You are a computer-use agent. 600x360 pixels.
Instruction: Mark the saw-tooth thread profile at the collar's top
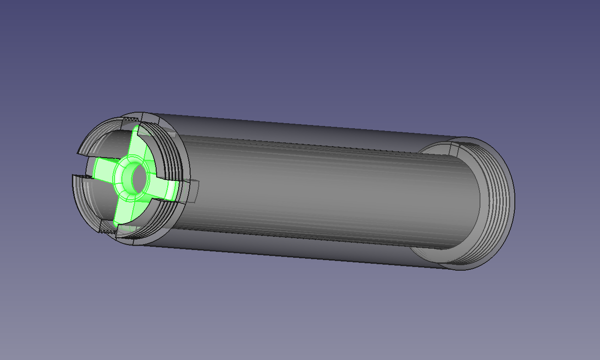pos(130,119)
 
